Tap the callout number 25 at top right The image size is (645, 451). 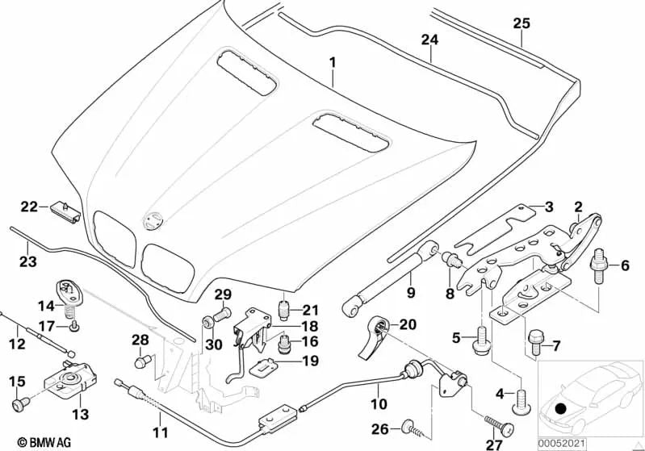(521, 23)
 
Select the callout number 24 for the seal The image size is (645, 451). (429, 39)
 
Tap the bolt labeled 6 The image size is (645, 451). (600, 265)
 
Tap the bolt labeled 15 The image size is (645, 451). (19, 400)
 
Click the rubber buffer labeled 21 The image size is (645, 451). (283, 310)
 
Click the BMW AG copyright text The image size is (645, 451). (31, 442)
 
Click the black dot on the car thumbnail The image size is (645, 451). (563, 407)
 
